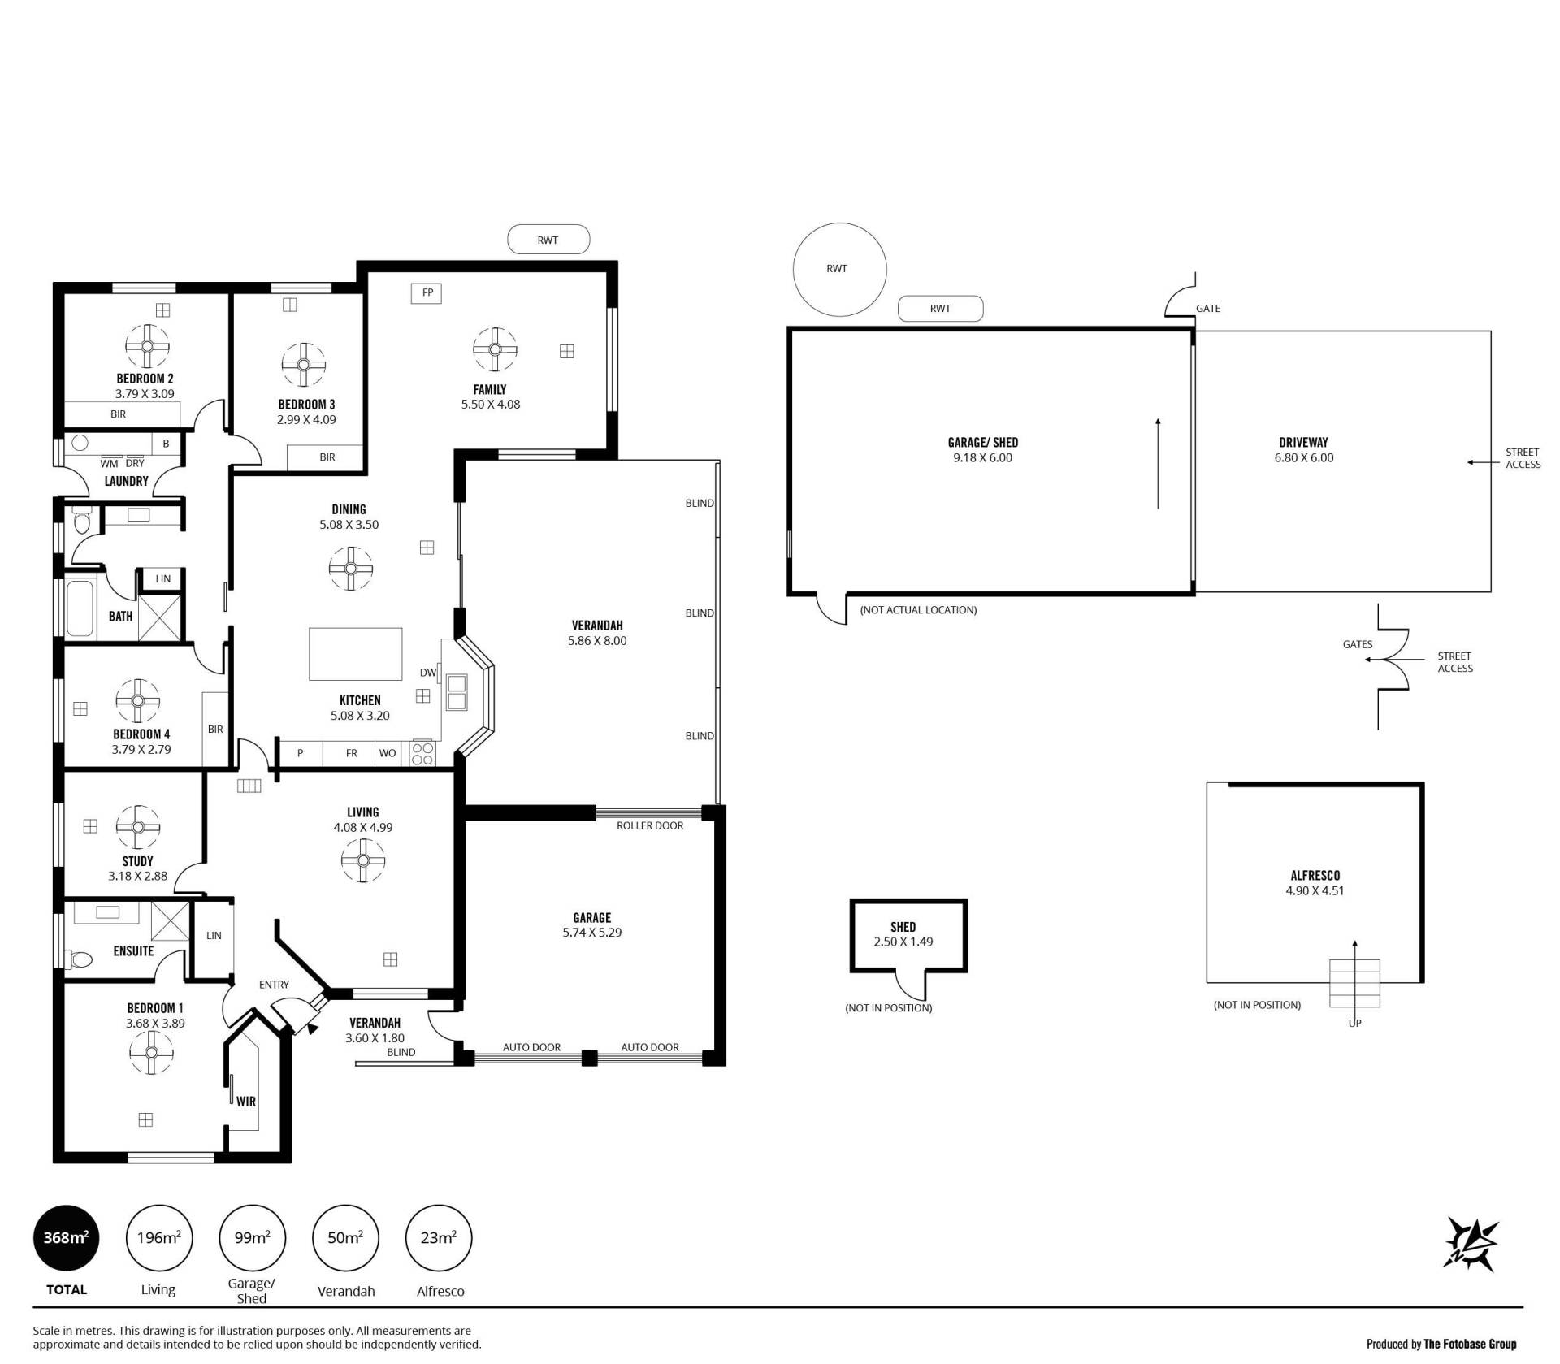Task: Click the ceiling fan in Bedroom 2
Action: (147, 345)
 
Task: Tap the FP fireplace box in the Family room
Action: (427, 292)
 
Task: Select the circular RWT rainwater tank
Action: (839, 269)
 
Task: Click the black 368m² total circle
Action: (66, 1238)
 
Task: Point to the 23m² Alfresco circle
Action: (439, 1238)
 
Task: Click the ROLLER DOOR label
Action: (650, 825)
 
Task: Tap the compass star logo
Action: (1471, 1244)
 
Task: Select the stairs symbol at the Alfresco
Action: (1354, 983)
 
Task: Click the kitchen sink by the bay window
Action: (456, 691)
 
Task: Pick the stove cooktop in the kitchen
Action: (422, 753)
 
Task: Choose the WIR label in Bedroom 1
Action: (246, 1102)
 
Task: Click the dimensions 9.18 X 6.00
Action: (983, 457)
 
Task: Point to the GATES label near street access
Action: (1358, 644)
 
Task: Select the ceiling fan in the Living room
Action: (363, 860)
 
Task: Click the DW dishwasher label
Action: (428, 673)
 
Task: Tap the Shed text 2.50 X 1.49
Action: (903, 942)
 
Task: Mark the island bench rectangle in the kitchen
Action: (356, 654)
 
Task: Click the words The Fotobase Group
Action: (1470, 1344)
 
